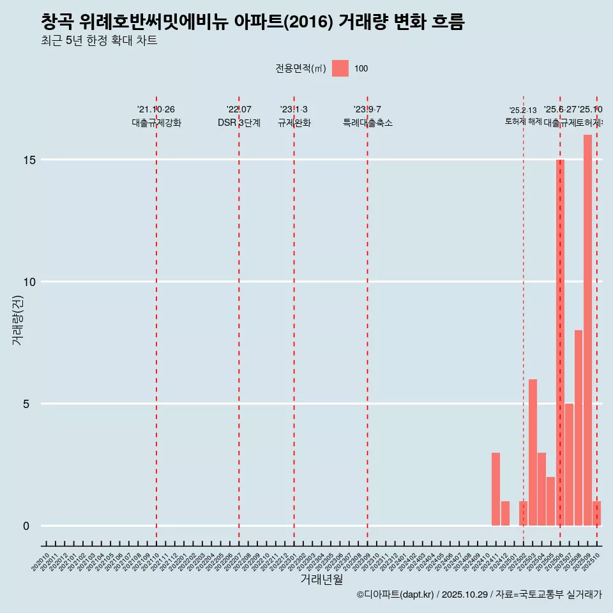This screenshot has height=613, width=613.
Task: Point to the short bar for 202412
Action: (505, 513)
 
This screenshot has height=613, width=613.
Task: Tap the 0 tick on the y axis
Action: (26, 526)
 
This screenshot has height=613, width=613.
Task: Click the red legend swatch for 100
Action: (340, 68)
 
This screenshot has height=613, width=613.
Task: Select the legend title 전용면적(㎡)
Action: (300, 69)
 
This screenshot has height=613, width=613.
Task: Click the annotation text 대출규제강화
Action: (156, 123)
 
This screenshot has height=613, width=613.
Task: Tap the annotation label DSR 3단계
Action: (239, 123)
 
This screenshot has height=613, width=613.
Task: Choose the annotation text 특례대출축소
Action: (367, 123)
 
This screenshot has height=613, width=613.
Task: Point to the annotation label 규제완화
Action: (294, 123)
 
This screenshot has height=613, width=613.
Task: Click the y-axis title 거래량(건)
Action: (17, 320)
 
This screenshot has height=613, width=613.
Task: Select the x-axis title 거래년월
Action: (321, 579)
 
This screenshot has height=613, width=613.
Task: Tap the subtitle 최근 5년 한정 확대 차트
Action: (99, 41)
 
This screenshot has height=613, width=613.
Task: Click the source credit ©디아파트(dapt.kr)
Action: (395, 594)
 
